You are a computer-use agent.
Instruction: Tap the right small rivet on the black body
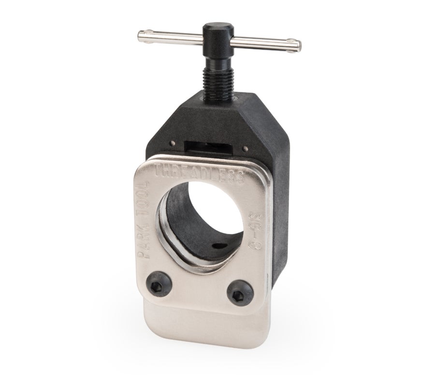[x=246, y=147]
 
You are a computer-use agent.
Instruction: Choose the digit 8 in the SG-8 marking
[x=251, y=246]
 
